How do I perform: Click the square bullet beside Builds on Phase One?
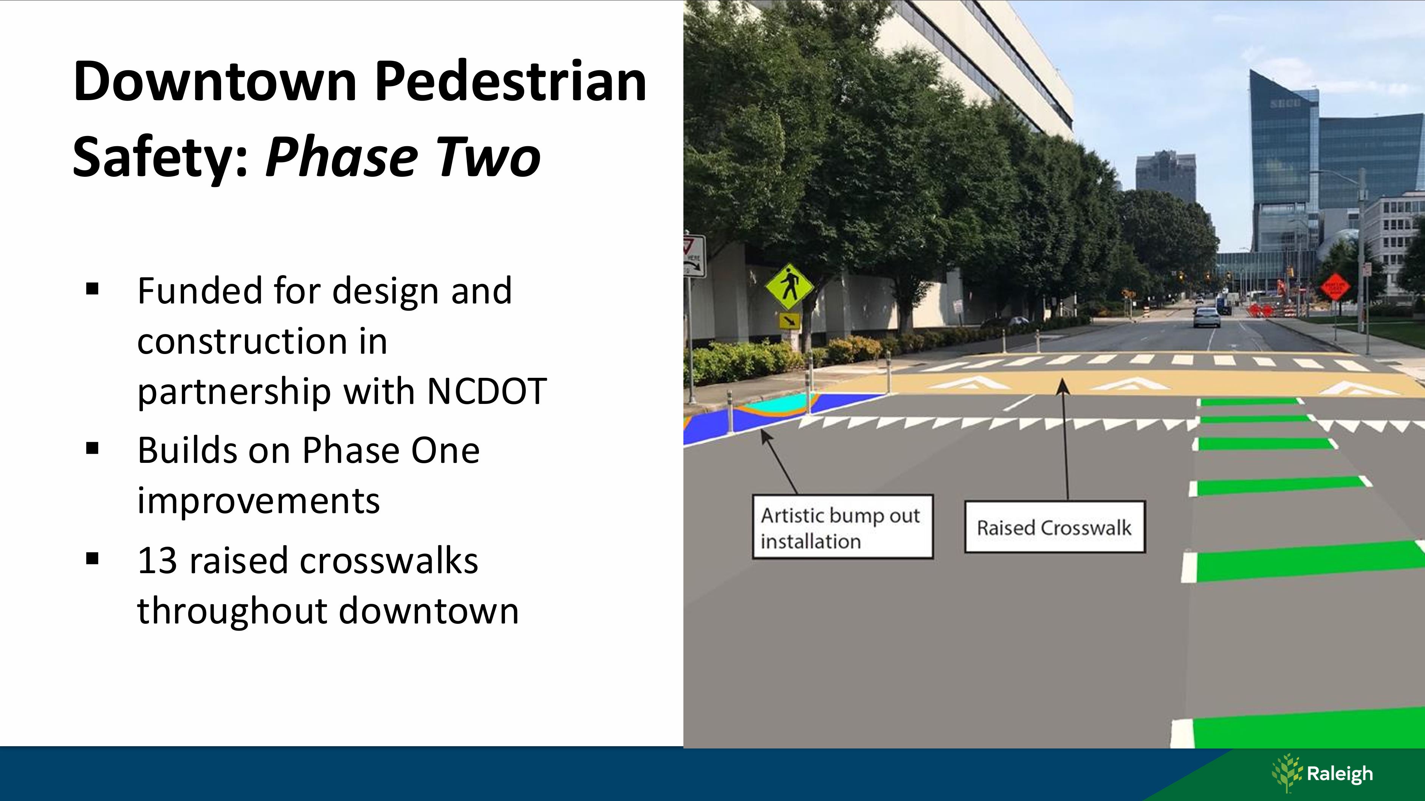92,448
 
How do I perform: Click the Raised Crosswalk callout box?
1054,526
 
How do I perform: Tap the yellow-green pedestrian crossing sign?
789,287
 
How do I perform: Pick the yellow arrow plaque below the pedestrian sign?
789,321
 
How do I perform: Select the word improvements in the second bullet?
258,500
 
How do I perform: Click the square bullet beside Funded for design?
92,289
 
